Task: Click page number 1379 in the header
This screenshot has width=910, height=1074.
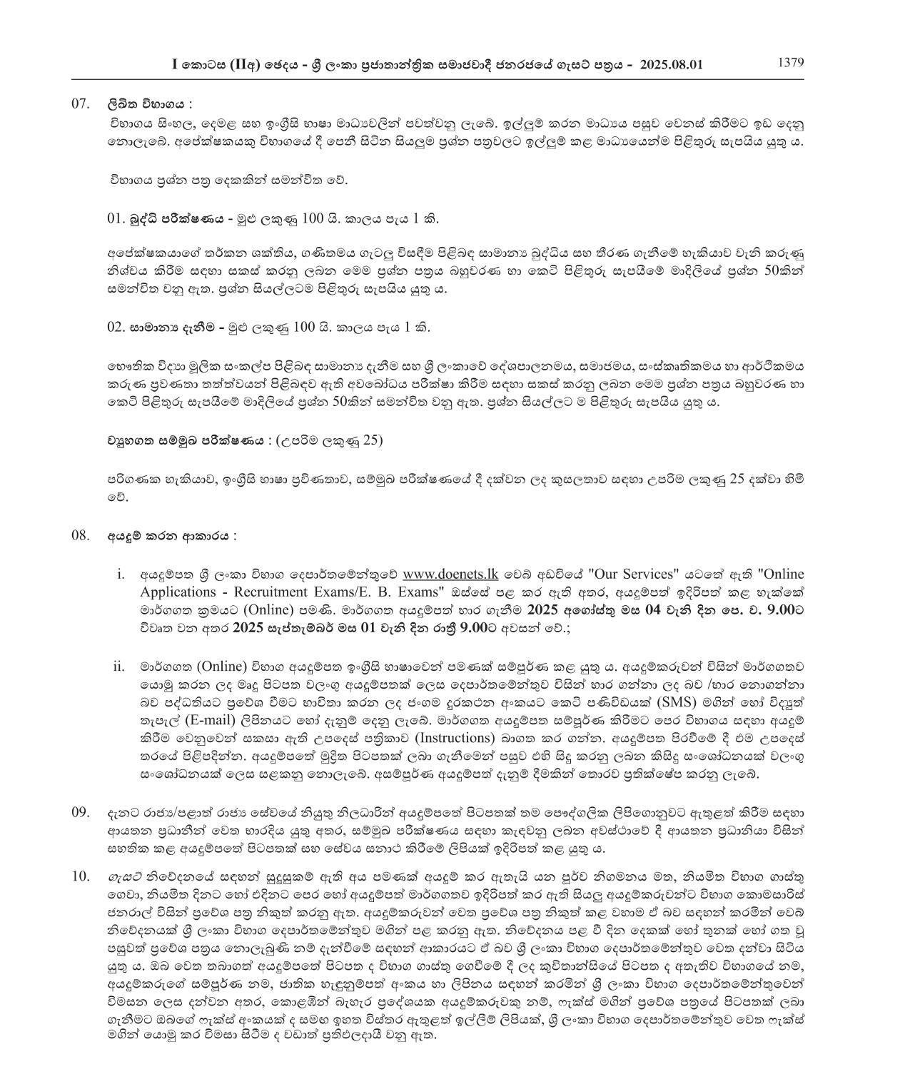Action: [791, 62]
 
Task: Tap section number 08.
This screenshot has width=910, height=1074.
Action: [80, 535]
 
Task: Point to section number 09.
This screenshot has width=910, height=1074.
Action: [80, 812]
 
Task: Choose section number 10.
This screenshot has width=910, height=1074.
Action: [80, 876]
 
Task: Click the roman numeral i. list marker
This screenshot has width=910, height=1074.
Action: [121, 574]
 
